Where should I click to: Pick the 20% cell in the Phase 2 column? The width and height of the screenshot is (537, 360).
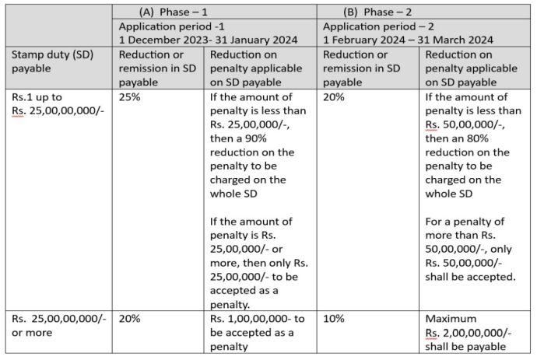[335, 99]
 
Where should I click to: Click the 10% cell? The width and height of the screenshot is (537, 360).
[335, 319]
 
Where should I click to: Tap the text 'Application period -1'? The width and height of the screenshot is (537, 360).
[166, 26]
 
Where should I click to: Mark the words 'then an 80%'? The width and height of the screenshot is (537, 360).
[459, 138]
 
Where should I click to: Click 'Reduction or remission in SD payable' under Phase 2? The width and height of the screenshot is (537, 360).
[366, 68]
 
